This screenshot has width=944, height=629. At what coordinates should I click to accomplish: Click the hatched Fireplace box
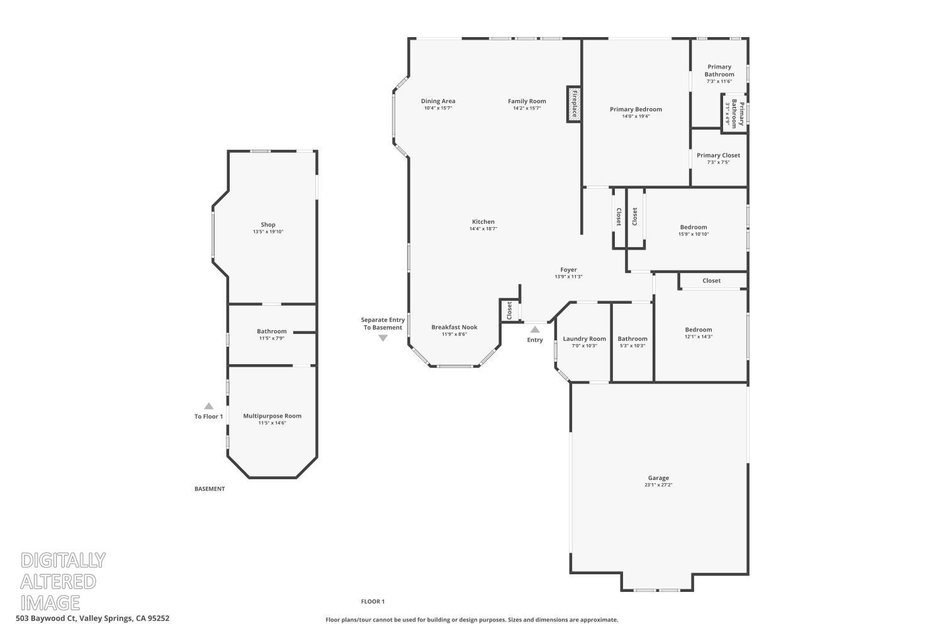[574, 104]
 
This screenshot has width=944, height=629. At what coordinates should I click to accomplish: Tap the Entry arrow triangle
[535, 330]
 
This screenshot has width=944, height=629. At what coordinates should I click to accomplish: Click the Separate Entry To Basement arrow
[383, 338]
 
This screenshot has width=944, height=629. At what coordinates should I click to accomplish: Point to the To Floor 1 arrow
[208, 406]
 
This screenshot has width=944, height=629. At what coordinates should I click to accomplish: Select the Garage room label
[658, 478]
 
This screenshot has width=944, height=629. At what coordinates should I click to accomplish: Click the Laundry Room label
[585, 339]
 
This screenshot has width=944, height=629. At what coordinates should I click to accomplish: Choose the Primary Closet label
[719, 155]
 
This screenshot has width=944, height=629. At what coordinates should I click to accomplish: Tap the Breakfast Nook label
[454, 327]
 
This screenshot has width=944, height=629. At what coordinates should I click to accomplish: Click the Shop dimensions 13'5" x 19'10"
[268, 231]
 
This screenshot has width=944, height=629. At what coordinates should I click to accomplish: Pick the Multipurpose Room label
[273, 416]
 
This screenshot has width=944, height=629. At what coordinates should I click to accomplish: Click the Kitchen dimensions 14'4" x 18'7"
[483, 229]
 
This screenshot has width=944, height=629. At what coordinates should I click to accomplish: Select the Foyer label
[568, 270]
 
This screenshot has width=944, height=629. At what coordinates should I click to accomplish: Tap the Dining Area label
[438, 101]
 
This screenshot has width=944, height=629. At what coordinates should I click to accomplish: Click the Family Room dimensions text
[527, 108]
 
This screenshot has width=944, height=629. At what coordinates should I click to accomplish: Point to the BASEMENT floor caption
[210, 489]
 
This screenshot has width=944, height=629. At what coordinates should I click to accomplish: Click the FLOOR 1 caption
[373, 601]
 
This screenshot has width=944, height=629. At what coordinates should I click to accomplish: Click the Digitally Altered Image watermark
[63, 581]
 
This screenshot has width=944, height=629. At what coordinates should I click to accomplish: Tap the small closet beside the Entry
[510, 311]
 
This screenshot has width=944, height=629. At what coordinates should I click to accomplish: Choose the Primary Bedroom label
[636, 109]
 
